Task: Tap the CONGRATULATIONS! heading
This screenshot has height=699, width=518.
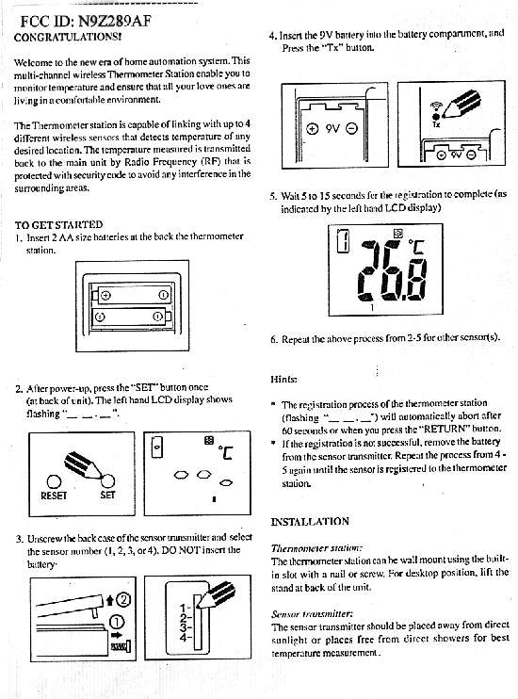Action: [68, 37]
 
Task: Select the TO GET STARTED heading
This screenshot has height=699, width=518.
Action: [58, 224]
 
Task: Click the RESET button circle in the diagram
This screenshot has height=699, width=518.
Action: [54, 482]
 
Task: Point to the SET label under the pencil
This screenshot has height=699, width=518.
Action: [108, 495]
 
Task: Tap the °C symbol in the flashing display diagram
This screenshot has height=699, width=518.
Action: [226, 453]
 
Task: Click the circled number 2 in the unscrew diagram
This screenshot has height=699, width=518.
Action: [123, 599]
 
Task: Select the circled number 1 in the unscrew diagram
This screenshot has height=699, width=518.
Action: [117, 623]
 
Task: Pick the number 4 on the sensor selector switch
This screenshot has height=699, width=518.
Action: [184, 637]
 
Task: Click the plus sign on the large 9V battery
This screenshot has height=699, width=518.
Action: [313, 129]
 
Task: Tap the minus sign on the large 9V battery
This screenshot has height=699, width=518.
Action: [351, 129]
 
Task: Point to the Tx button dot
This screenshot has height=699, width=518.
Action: [436, 117]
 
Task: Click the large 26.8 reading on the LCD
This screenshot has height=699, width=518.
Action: [393, 270]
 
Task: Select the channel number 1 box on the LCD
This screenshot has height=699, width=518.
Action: [343, 241]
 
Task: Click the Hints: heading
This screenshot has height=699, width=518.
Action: [283, 380]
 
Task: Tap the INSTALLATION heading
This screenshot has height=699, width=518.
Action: [310, 522]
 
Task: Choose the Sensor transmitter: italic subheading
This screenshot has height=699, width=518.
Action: [313, 614]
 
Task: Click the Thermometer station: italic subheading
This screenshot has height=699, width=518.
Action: [317, 548]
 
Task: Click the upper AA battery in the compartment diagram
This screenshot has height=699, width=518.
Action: [132, 295]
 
